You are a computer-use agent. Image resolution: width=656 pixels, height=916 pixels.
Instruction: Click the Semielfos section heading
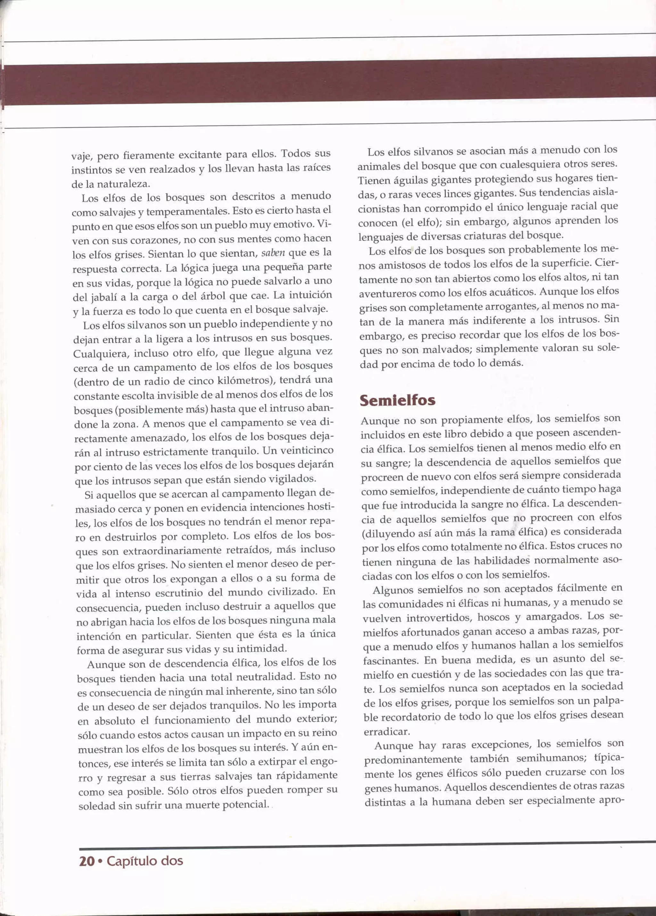point(398,401)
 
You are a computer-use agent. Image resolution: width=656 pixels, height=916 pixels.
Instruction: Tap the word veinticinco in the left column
point(307,450)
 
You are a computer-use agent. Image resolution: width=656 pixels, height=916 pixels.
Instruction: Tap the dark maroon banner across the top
point(328,83)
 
